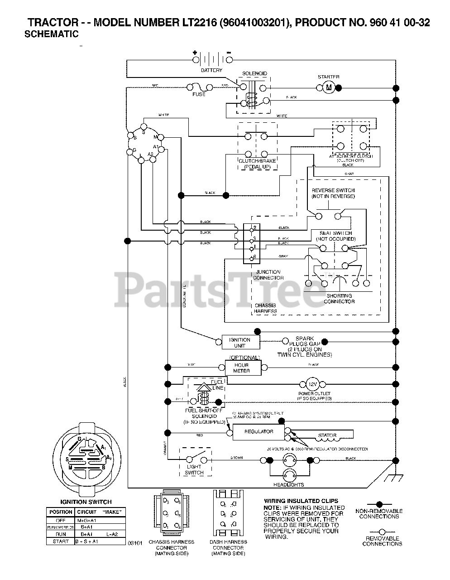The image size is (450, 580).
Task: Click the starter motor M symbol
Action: [x=329, y=87]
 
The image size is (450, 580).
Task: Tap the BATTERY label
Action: [x=211, y=70]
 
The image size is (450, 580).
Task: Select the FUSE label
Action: [x=199, y=94]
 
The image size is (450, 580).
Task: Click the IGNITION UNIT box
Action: [x=239, y=343]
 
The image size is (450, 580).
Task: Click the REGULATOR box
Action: [x=259, y=432]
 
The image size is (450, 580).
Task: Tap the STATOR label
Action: [x=327, y=435]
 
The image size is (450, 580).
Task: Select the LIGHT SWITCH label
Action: [x=194, y=469]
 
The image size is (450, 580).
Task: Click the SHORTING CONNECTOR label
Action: [x=339, y=299]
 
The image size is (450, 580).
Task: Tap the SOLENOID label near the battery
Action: [x=254, y=73]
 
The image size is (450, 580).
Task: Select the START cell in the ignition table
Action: [x=61, y=541]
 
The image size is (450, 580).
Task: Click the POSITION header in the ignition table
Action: [x=61, y=512]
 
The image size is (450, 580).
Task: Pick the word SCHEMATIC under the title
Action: [x=51, y=34]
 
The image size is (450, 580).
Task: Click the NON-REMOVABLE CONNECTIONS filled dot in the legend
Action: [x=379, y=504]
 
